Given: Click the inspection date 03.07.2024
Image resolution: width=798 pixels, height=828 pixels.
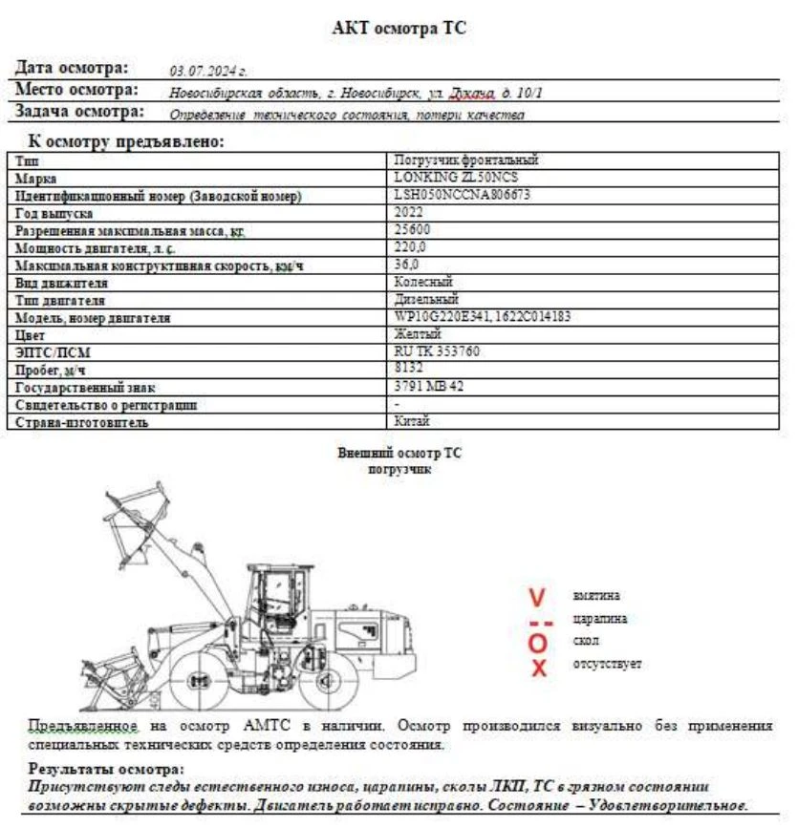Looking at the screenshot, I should tap(207, 71).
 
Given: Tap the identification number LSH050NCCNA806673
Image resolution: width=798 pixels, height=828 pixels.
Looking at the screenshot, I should tap(463, 195).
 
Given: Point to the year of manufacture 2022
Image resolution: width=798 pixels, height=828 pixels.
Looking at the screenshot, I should tap(408, 213).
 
